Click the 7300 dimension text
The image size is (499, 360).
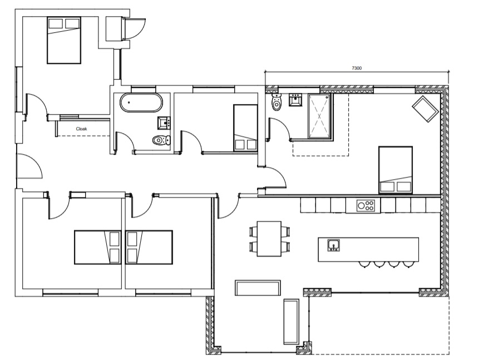point(357,68)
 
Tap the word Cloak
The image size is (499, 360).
point(81,129)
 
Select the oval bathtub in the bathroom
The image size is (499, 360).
point(141,102)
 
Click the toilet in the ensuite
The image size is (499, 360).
point(276,102)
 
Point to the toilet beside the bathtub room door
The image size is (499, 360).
point(162,140)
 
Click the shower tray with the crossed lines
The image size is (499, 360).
point(319,116)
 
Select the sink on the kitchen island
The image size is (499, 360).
point(334,245)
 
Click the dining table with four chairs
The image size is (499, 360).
point(269,239)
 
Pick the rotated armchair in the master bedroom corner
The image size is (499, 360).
point(426,109)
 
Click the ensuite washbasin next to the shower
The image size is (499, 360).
point(295,100)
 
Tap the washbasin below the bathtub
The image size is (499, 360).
point(164,123)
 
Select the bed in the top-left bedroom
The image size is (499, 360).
point(64,41)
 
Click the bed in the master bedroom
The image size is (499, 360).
point(396,170)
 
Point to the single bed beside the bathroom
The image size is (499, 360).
point(245,128)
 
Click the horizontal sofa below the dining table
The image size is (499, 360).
point(258,288)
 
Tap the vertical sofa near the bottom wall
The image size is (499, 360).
point(291,322)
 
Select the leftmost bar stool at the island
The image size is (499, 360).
point(364,264)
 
